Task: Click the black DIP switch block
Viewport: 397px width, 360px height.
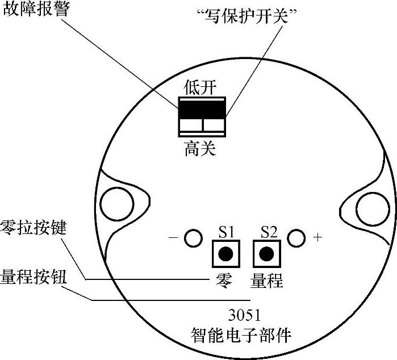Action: [x=202, y=108]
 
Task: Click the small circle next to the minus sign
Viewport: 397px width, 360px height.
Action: [x=194, y=238]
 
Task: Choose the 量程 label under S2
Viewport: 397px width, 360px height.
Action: [x=266, y=280]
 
